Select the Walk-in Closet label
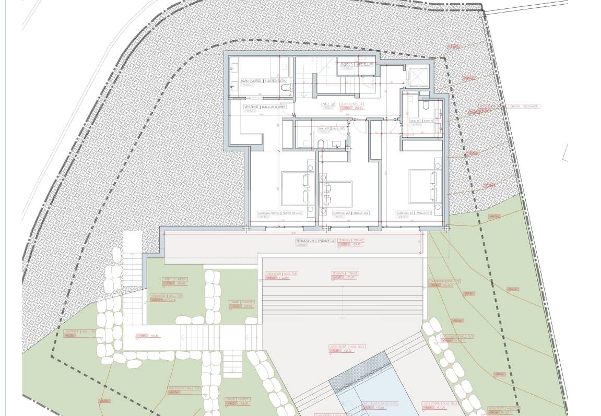pos(265,106)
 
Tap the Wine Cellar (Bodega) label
pos(357,65)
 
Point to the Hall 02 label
pos(328,104)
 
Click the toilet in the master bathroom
pos(285,90)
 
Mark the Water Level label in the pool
pos(380,403)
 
